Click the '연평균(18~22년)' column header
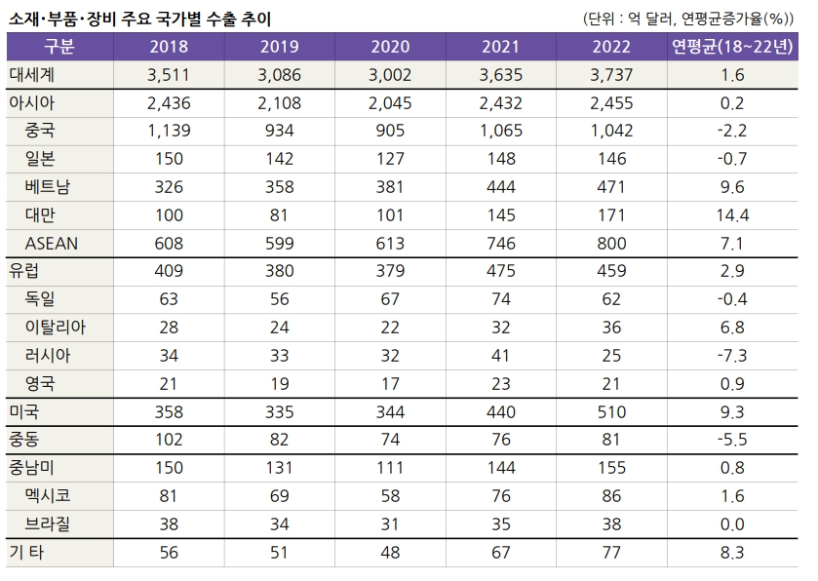[731, 47]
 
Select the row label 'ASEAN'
[53, 243]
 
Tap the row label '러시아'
[49, 355]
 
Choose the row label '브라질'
[49, 523]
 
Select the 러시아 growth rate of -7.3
[731, 355]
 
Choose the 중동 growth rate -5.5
[731, 440]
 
